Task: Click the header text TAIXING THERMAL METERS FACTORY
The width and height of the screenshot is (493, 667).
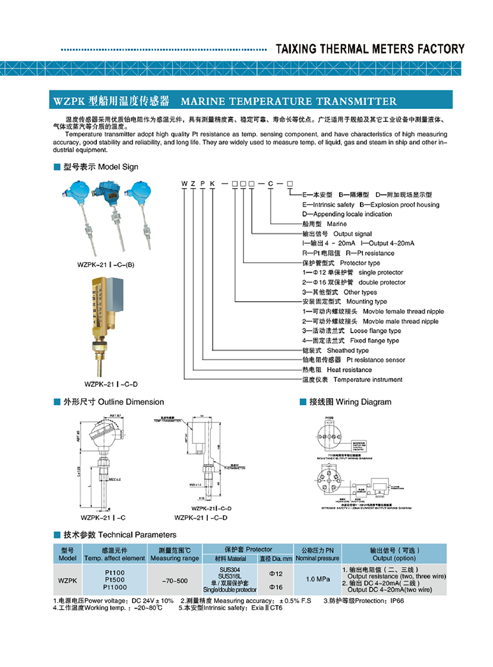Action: pos(370,49)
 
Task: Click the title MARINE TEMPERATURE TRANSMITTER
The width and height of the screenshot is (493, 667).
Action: pos(288,101)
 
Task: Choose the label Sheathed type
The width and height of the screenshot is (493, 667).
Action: pos(347,350)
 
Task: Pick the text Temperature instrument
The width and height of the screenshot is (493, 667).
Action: pos(368,380)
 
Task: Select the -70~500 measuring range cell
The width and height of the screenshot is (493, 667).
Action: pos(175,581)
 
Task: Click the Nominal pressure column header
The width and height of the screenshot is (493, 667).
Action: pos(318,559)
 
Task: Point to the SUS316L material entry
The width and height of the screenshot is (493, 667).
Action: pos(229,576)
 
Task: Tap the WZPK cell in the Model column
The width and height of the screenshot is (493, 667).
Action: pos(67,580)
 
